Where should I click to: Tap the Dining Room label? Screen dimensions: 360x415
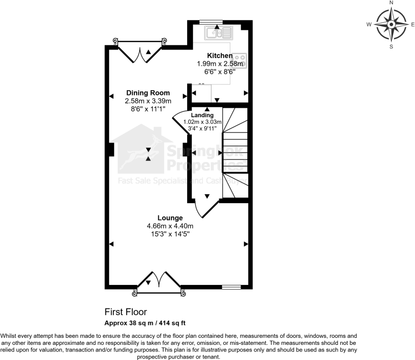point(148,93)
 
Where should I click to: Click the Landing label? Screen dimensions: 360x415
point(202,115)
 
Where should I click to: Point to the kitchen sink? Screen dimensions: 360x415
point(218,33)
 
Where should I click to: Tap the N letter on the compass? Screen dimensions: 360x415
point(391,3)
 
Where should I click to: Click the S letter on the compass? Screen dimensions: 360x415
point(391,46)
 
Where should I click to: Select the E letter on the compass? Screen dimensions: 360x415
point(413,24)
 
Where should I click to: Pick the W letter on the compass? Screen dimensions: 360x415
point(369,24)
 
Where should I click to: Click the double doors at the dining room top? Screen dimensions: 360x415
point(140,51)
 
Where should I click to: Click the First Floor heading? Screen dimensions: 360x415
point(126,312)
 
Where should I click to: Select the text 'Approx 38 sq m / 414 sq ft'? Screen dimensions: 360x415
point(145,323)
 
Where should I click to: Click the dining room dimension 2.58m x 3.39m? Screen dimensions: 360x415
point(148,101)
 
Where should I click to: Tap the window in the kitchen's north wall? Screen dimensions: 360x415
point(211,21)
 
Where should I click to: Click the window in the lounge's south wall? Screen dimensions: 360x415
point(231,287)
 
